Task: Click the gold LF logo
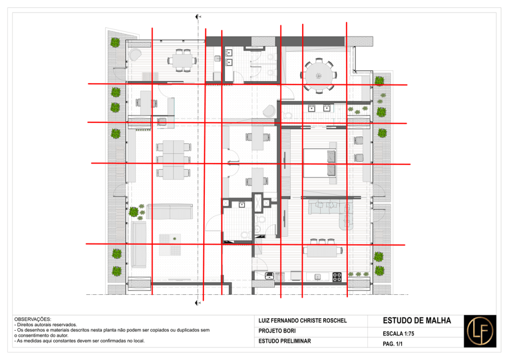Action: [x=480, y=331]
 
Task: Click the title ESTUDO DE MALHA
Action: [x=417, y=321]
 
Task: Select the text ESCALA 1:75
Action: [x=398, y=334]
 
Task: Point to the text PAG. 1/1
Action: [x=393, y=344]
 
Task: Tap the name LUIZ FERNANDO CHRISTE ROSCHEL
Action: [x=303, y=321]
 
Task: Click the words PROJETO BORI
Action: [x=277, y=331]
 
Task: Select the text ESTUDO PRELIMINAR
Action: [x=285, y=341]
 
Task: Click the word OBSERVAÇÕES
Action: [x=32, y=319]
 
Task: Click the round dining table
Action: [x=319, y=75]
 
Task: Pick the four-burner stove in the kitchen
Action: [x=338, y=277]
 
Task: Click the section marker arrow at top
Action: [x=197, y=16]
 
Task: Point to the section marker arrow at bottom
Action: [x=197, y=303]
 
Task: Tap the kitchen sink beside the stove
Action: [x=318, y=277]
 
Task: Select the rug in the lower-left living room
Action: [x=170, y=245]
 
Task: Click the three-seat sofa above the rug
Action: [x=170, y=212]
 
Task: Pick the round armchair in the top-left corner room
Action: [x=135, y=55]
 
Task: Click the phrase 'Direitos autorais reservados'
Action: [x=47, y=325]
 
